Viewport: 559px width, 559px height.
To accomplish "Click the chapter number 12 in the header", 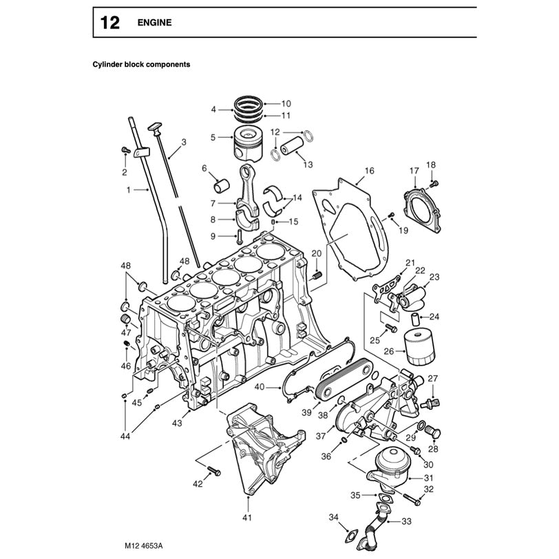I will pyautogui.click(x=109, y=23).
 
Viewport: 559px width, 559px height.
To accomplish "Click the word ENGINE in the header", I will pyautogui.click(x=156, y=23).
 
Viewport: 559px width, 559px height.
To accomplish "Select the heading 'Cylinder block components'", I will pyautogui.click(x=141, y=64).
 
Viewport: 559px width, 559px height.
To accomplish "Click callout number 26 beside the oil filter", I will pyautogui.click(x=389, y=350).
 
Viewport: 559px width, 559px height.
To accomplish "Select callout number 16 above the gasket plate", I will pyautogui.click(x=369, y=170).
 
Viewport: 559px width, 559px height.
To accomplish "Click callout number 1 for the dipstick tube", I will pyautogui.click(x=128, y=189).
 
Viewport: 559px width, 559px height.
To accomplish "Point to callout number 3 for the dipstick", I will pyautogui.click(x=184, y=143).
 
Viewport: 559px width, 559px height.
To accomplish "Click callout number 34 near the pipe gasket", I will pyautogui.click(x=333, y=517).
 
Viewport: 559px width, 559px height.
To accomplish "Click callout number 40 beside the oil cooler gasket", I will pyautogui.click(x=259, y=387).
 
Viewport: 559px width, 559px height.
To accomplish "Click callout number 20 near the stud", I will pyautogui.click(x=316, y=254).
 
